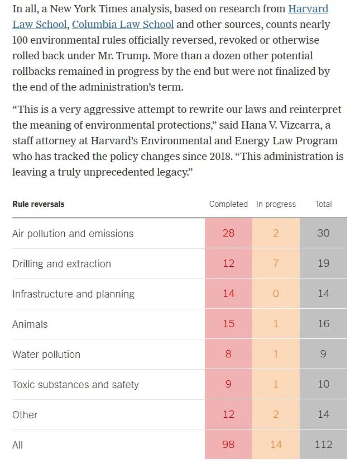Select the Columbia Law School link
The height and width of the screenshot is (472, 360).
click(x=123, y=25)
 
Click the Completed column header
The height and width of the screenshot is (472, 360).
click(x=228, y=204)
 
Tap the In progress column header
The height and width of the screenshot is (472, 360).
click(x=276, y=204)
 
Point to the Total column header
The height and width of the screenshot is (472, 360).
click(x=323, y=204)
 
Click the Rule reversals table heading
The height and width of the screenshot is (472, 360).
click(x=38, y=204)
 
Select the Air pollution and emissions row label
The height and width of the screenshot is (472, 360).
click(x=73, y=233)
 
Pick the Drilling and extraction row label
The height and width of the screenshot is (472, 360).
click(x=61, y=263)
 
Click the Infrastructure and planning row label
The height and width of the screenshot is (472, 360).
click(x=73, y=294)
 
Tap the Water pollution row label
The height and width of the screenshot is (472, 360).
click(x=46, y=354)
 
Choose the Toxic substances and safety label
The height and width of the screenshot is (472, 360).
click(x=75, y=384)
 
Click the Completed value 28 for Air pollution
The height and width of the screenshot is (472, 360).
click(x=228, y=233)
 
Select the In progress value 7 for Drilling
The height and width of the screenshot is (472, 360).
click(x=276, y=263)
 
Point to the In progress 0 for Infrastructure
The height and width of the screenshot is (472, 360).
click(x=276, y=294)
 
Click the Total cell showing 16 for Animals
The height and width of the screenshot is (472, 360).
click(x=323, y=324)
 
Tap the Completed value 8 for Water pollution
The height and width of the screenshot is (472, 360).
click(x=228, y=354)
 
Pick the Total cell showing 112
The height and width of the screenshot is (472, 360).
click(x=323, y=445)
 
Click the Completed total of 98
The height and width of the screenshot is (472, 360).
click(x=228, y=445)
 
